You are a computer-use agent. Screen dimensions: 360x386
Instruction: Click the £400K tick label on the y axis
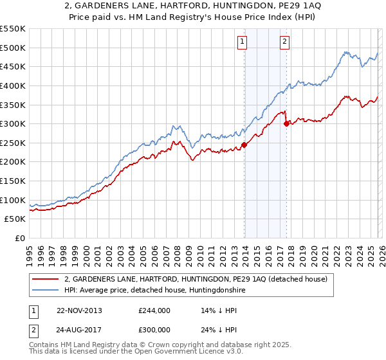(13, 85)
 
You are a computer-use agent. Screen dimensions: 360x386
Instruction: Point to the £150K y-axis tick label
(13, 181)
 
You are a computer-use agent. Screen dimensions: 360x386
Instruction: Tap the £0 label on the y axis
(19, 238)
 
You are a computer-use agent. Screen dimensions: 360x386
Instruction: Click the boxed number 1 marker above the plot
(243, 42)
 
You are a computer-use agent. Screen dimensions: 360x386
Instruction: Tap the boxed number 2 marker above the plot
(284, 42)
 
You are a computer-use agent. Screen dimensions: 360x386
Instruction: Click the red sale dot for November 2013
(244, 145)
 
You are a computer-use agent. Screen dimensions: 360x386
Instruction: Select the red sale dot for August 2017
(286, 124)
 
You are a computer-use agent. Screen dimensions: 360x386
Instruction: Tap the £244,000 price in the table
(154, 310)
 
